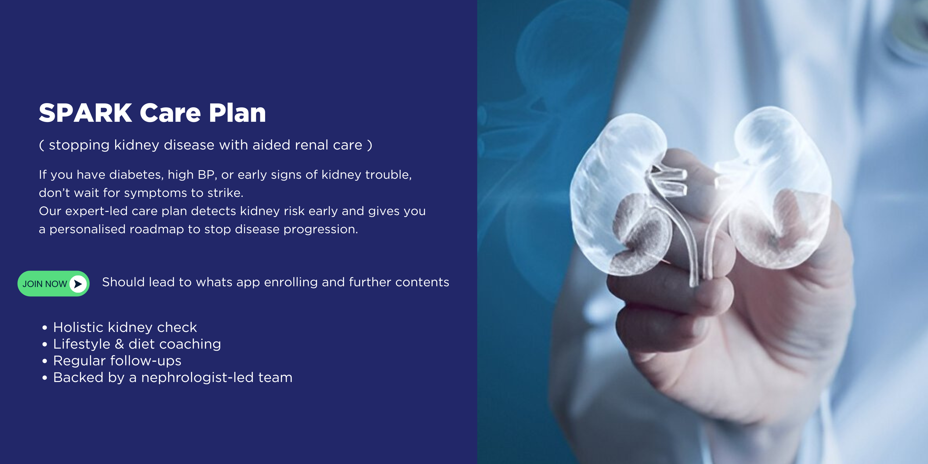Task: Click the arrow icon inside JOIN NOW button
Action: tap(78, 284)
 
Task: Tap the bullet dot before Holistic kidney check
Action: tap(45, 328)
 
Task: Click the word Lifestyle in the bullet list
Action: tap(82, 344)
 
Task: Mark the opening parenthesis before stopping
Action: tap(41, 145)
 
